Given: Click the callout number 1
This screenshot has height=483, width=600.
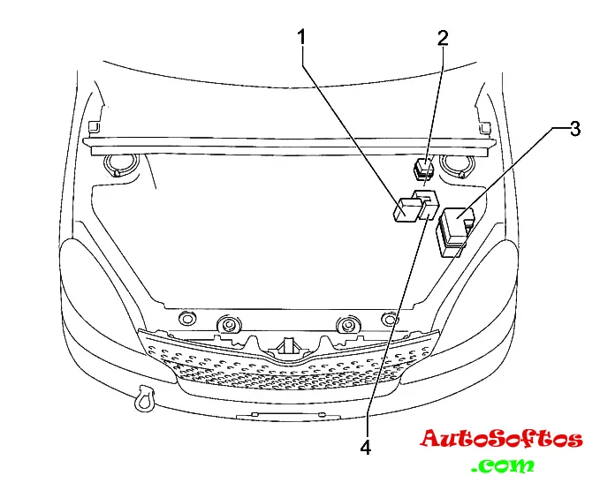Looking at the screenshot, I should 302,37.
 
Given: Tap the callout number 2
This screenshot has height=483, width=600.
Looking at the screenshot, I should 443,37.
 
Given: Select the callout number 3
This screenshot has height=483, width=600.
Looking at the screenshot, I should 574,129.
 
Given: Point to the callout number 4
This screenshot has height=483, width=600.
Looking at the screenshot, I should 365,447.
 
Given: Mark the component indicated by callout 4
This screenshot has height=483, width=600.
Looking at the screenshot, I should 427,202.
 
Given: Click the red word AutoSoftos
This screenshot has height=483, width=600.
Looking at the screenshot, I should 501,439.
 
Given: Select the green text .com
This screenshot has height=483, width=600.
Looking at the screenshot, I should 504,464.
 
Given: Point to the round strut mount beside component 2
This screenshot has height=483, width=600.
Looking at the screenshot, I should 457,164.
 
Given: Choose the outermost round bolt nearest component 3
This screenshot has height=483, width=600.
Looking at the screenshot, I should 387,319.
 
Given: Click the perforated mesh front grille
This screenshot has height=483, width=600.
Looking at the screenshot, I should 287,371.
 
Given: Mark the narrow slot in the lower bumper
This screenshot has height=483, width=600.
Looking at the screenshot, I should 269,413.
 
